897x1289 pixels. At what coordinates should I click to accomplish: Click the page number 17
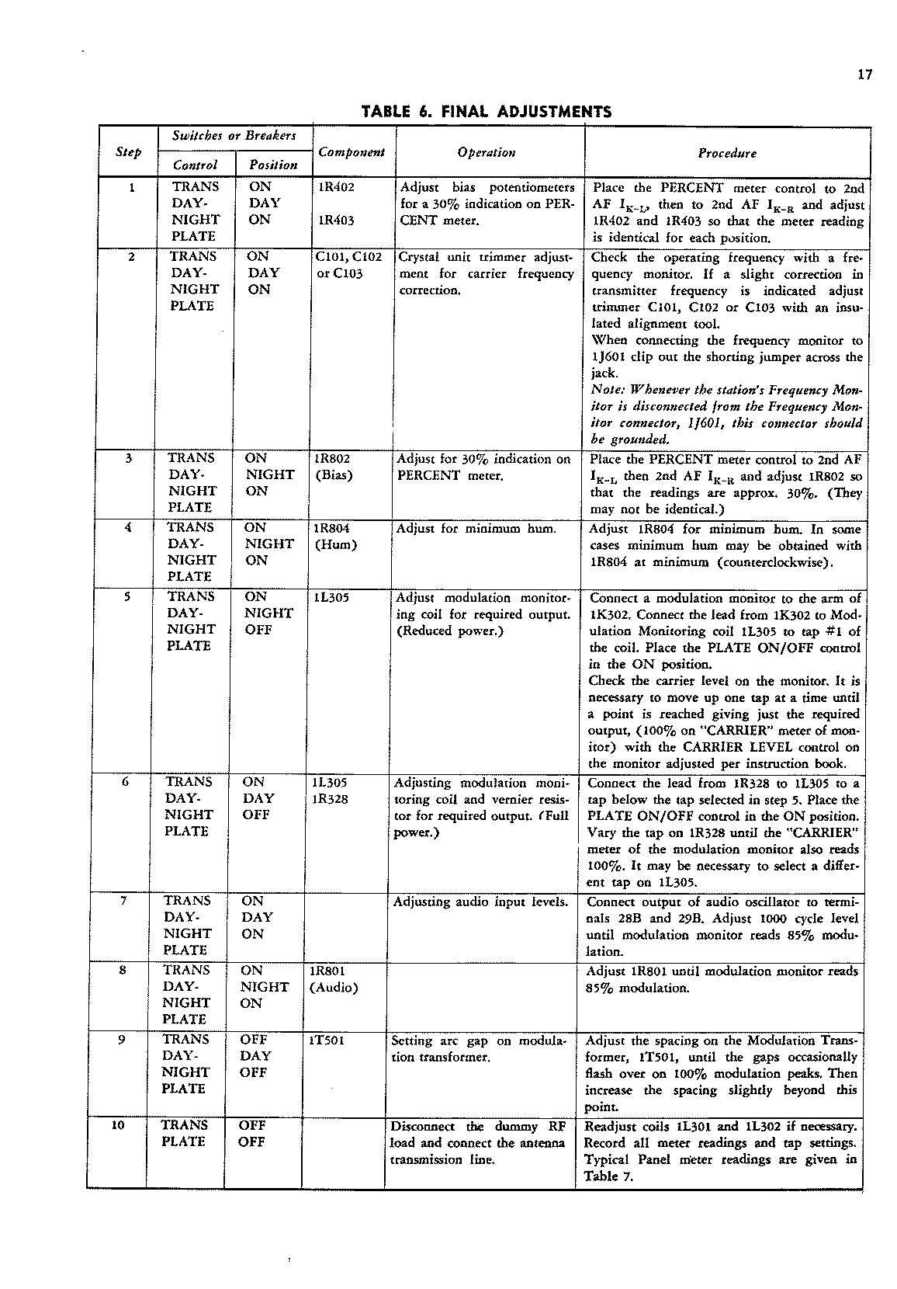[x=866, y=75]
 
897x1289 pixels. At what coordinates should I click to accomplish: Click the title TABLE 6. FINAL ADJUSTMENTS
[x=487, y=112]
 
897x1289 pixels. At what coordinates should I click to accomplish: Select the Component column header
[x=352, y=152]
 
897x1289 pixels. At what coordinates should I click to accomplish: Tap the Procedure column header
[x=726, y=153]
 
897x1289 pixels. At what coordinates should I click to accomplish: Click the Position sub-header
[x=273, y=165]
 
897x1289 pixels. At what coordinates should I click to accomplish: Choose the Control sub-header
[x=195, y=165]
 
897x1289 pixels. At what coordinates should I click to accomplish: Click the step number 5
[x=127, y=597]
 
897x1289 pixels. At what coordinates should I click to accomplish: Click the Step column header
[x=129, y=152]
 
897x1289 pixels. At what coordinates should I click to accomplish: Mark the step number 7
[x=123, y=901]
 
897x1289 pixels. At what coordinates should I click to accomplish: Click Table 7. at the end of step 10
[x=609, y=1176]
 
